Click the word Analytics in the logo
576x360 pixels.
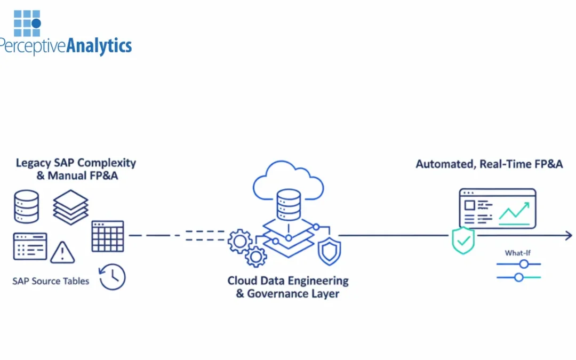pos(99,45)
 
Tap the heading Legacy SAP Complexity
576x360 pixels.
pos(76,163)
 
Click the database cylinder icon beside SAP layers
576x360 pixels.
pos(26,206)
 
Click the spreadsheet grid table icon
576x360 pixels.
pos(108,236)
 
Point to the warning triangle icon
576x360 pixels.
pos(62,252)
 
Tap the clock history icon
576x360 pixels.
pos(113,277)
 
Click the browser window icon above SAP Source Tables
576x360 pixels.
pos(30,246)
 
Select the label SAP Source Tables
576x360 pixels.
pos(51,281)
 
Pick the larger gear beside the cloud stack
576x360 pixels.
pos(240,242)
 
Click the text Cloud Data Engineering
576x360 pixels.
pos(288,281)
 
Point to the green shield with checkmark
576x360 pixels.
pos(463,241)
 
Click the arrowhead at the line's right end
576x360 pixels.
pos(569,235)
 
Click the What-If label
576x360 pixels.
pos(517,253)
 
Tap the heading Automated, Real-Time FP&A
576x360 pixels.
pos(489,164)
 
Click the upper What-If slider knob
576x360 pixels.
pos(524,264)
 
